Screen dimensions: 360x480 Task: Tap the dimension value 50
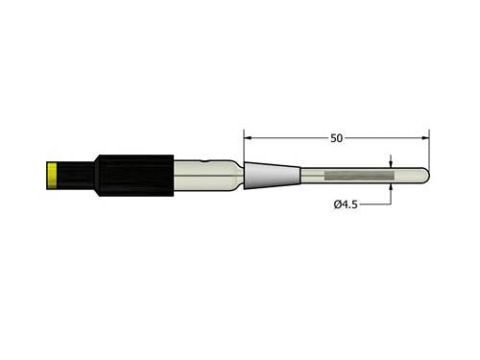coord(336,138)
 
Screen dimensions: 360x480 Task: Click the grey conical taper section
coord(271,176)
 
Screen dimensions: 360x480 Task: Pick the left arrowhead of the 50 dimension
coord(248,138)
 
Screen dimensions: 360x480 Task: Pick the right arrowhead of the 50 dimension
coord(424,138)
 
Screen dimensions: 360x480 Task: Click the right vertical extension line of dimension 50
coord(428,149)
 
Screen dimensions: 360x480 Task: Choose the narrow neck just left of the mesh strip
coord(312,176)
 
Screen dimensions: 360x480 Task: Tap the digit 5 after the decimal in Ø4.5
coord(355,204)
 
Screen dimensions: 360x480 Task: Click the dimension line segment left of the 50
coord(288,138)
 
